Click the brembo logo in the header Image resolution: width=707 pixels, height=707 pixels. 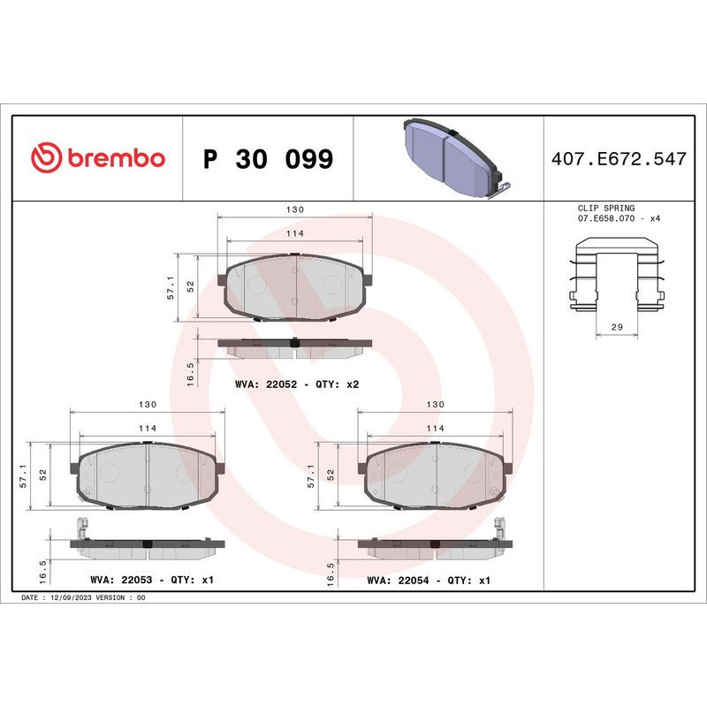[98, 158]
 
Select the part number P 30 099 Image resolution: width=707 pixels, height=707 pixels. [268, 160]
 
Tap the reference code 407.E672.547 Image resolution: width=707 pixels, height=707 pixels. [618, 159]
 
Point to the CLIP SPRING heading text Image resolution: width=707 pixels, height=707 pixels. [605, 208]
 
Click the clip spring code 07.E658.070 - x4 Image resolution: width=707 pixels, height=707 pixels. [619, 218]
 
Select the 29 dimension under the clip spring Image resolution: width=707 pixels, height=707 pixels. [618, 327]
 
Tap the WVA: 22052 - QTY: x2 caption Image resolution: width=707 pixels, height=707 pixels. [297, 385]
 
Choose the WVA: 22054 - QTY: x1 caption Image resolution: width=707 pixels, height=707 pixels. [429, 581]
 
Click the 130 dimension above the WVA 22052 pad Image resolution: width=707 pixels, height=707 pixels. [295, 209]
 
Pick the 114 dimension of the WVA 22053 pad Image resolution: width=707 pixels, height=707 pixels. [148, 428]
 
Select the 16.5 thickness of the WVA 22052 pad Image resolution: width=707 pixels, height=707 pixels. [187, 369]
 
